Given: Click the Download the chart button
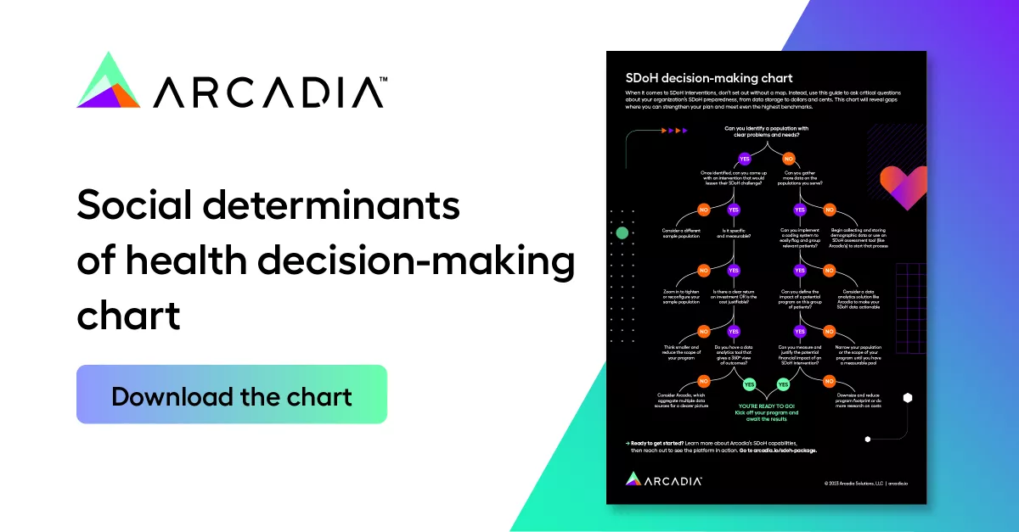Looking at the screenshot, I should click(231, 395).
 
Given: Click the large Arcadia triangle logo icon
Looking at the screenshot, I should click(108, 81).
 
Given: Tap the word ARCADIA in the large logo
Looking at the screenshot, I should click(269, 92).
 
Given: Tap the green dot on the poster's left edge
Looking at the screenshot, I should click(622, 232).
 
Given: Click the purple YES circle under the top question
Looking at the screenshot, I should click(745, 159).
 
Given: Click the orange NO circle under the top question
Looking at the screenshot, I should click(788, 159).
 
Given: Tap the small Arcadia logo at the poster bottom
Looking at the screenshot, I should click(664, 479).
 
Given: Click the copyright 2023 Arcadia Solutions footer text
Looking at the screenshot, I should click(866, 483).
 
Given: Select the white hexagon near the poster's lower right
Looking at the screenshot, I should click(908, 397).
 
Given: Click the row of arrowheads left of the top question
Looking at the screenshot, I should click(676, 131).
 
